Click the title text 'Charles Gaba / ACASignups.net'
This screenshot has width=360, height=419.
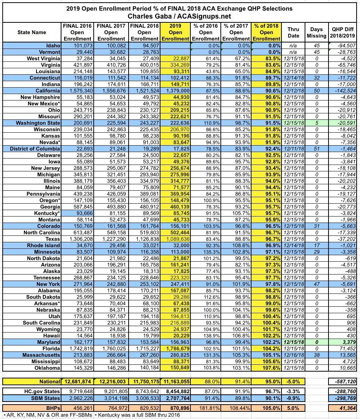pyautogui.click(x=179, y=16)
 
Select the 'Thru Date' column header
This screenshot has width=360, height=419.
pyautogui.click(x=293, y=32)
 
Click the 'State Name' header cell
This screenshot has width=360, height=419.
pyautogui.click(x=32, y=32)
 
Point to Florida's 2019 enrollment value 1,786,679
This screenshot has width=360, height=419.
pyautogui.click(x=175, y=348)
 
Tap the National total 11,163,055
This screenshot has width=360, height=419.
pyautogui.click(x=175, y=381)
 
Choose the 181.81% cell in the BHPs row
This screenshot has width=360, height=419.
pyautogui.click(x=206, y=408)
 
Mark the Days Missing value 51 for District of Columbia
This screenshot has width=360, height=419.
pyautogui.click(x=316, y=149)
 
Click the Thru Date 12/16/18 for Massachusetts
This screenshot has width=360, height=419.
pyautogui.click(x=293, y=355)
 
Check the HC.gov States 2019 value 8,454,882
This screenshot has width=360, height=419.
pyautogui.click(x=175, y=391)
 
